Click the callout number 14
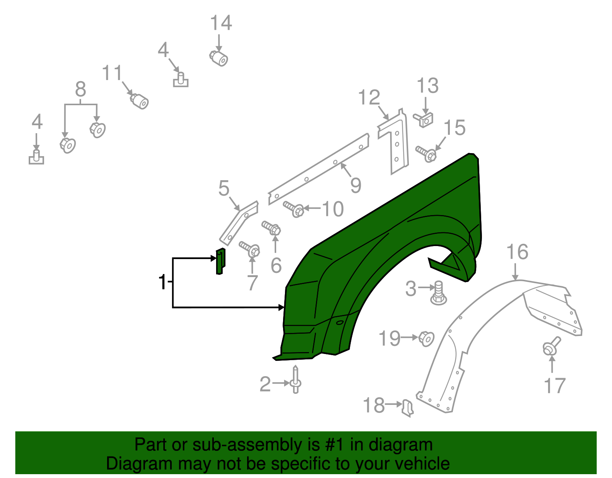click(x=221, y=23)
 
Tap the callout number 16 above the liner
click(x=517, y=252)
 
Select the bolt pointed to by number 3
click(x=438, y=294)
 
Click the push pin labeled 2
click(x=295, y=380)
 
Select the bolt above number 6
click(x=272, y=228)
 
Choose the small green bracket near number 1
click(x=220, y=261)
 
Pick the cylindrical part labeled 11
click(x=139, y=101)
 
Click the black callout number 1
click(x=163, y=282)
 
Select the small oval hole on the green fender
click(x=340, y=323)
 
